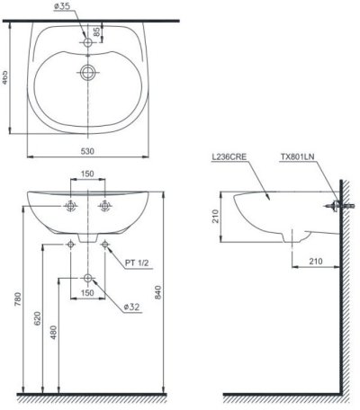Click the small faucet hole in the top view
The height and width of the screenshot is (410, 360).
[87, 41]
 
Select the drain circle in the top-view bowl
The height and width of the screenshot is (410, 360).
[87, 73]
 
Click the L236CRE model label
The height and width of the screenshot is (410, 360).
[228, 158]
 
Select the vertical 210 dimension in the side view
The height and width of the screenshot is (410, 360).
[218, 217]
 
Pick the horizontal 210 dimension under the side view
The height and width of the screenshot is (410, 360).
[316, 261]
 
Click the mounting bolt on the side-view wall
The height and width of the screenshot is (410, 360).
[332, 208]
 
